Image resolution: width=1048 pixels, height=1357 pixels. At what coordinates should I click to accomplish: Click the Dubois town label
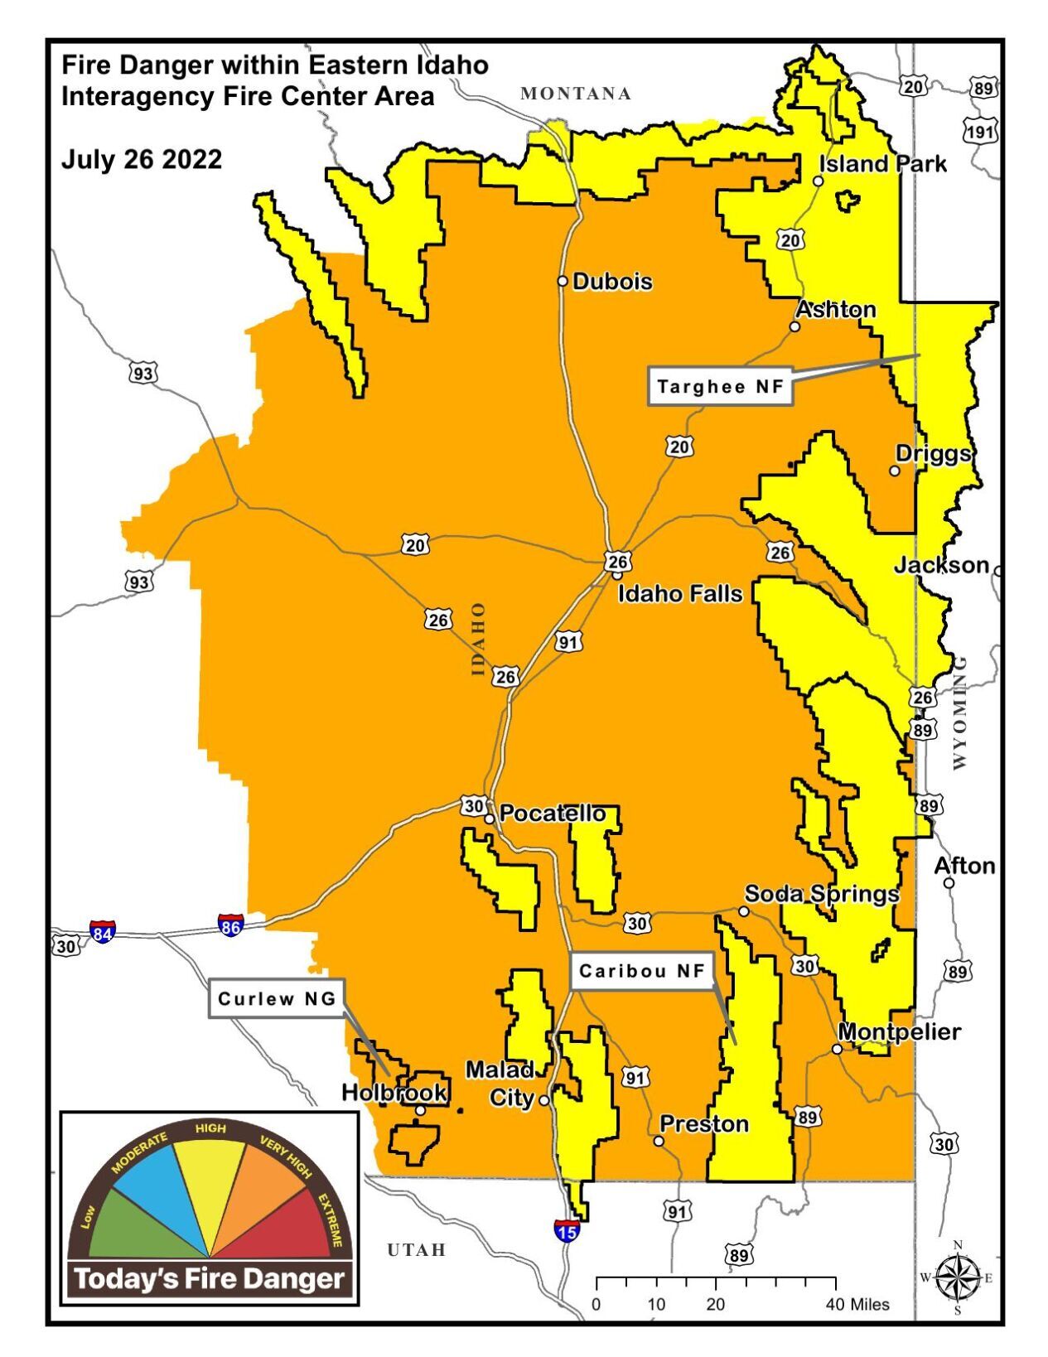click(611, 282)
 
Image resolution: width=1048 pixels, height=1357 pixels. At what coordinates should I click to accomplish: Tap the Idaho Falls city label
click(680, 594)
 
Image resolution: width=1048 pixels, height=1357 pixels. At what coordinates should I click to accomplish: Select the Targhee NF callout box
click(720, 387)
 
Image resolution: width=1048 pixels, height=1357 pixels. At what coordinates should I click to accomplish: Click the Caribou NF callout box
click(641, 971)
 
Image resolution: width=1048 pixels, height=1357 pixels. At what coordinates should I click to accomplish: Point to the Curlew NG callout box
click(277, 998)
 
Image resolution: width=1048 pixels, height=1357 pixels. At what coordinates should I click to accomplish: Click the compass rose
click(958, 1277)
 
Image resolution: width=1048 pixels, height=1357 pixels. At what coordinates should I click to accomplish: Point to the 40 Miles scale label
click(857, 1304)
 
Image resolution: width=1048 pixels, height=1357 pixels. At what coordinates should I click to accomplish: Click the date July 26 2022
click(142, 159)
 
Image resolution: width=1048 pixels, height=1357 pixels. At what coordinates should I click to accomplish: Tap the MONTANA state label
click(576, 94)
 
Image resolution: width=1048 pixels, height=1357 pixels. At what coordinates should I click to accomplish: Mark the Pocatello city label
click(553, 814)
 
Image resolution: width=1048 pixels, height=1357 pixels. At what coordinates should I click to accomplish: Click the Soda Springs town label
click(821, 894)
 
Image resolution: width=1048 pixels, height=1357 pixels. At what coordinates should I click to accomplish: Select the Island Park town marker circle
click(818, 181)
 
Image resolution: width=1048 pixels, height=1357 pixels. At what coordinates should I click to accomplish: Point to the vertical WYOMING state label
click(959, 712)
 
